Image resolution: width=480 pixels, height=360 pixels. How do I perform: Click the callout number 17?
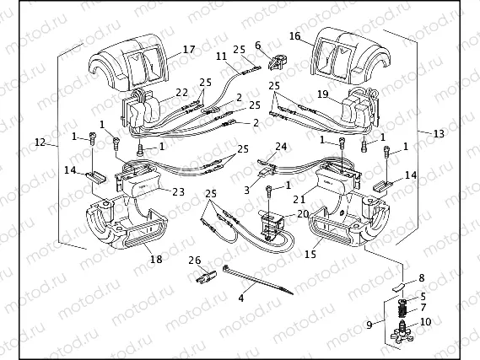pyautogui.click(x=187, y=50)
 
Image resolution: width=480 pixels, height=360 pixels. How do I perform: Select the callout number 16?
pyautogui.click(x=295, y=37)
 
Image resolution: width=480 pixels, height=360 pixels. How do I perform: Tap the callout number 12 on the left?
pyautogui.click(x=40, y=143)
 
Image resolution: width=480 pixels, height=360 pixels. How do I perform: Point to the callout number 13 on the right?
pyautogui.click(x=437, y=133)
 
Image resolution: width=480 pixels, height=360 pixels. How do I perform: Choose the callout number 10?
pyautogui.click(x=424, y=322)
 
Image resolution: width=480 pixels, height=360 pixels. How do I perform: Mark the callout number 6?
pyautogui.click(x=258, y=45)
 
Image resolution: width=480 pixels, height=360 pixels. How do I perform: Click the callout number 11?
pyautogui.click(x=220, y=56)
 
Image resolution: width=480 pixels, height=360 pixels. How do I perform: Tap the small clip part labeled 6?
pyautogui.click(x=274, y=61)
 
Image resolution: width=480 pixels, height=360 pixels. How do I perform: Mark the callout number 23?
pyautogui.click(x=177, y=191)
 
